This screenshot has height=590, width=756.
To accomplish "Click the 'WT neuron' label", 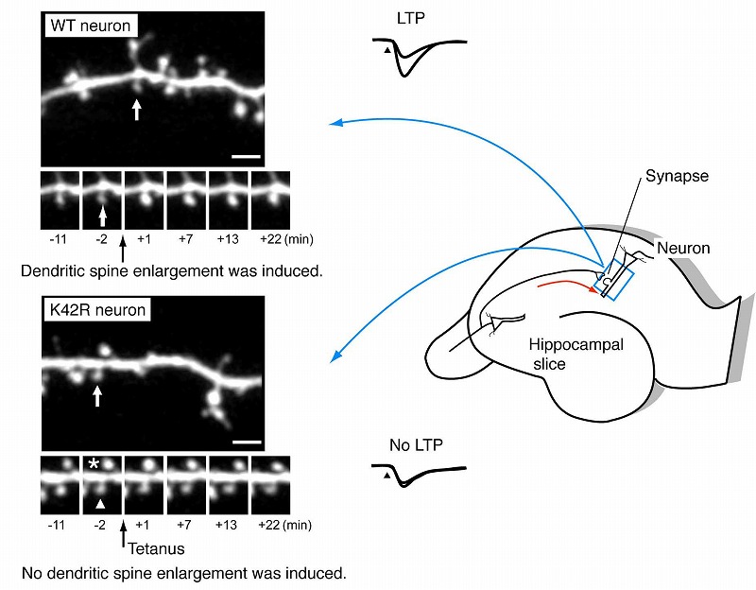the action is click(91, 26).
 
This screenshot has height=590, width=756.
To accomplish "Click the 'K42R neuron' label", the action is click(98, 309).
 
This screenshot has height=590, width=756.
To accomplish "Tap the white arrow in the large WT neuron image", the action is click(137, 110).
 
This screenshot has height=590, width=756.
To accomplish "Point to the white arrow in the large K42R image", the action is click(97, 396).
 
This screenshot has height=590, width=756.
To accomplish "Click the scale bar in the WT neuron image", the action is click(246, 156).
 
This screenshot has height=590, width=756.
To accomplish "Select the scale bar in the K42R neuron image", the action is click(247, 442).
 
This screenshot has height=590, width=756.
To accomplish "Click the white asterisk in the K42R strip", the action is click(94, 464).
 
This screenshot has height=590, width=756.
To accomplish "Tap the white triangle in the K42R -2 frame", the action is click(100, 504).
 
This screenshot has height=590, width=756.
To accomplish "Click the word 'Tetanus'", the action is click(156, 548).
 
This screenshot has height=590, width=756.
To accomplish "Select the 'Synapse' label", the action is click(677, 176).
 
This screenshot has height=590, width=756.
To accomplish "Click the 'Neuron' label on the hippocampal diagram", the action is click(683, 248).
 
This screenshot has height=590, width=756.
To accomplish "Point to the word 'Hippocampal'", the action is click(576, 345).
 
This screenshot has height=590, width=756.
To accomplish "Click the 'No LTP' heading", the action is click(416, 444).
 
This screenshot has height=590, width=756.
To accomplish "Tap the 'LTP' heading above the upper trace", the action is click(411, 18).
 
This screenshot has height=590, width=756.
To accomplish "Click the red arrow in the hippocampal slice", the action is click(566, 284).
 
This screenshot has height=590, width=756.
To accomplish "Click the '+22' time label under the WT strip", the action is click(270, 239).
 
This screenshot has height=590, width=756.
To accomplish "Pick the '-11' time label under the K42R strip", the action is click(57, 525).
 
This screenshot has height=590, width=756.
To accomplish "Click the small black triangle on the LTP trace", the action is click(387, 50).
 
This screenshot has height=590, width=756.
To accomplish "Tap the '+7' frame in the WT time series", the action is click(186, 200).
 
